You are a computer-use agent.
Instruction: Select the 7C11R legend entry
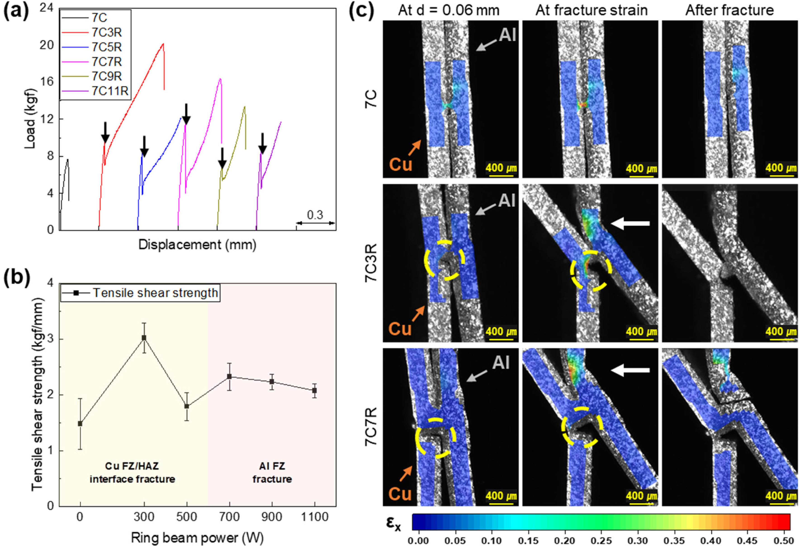point(110,91)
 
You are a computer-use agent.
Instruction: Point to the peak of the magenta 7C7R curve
point(220,79)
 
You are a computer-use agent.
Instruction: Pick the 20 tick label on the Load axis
point(47,45)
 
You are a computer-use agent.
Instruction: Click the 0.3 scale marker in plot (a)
point(315,215)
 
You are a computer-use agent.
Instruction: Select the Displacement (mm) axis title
point(197,245)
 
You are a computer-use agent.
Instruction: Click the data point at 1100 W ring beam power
point(314,390)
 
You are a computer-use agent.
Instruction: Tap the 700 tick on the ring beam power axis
point(229,517)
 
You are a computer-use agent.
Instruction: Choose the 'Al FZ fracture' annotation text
point(272,472)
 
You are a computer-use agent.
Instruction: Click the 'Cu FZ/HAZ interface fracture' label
point(133,472)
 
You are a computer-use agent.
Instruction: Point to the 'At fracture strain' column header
point(591,10)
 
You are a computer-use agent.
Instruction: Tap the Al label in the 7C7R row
point(501,363)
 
